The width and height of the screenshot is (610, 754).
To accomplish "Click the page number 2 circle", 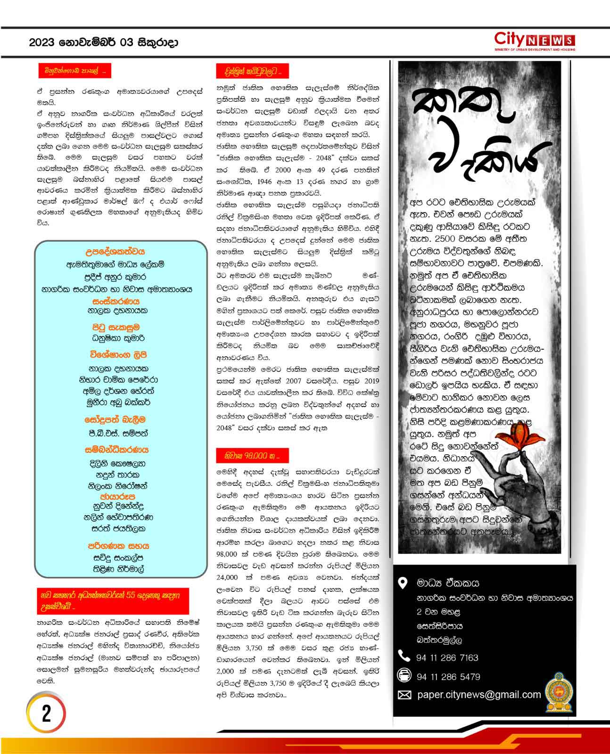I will click(46, 713).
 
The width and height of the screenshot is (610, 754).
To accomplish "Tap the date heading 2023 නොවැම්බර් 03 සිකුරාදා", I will click(103, 43).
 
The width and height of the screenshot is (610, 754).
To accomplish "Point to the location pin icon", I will click(403, 583).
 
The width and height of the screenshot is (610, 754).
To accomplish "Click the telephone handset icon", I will click(404, 656).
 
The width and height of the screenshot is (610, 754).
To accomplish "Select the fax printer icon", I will click(404, 675).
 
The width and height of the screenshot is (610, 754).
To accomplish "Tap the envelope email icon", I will click(404, 695).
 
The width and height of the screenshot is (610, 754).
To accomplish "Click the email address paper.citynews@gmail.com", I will click(479, 695).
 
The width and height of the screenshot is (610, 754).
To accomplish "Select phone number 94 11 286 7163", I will click(447, 657).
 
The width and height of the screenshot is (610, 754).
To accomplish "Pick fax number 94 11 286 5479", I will click(448, 677).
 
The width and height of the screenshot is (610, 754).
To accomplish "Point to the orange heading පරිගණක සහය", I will click(118, 546).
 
